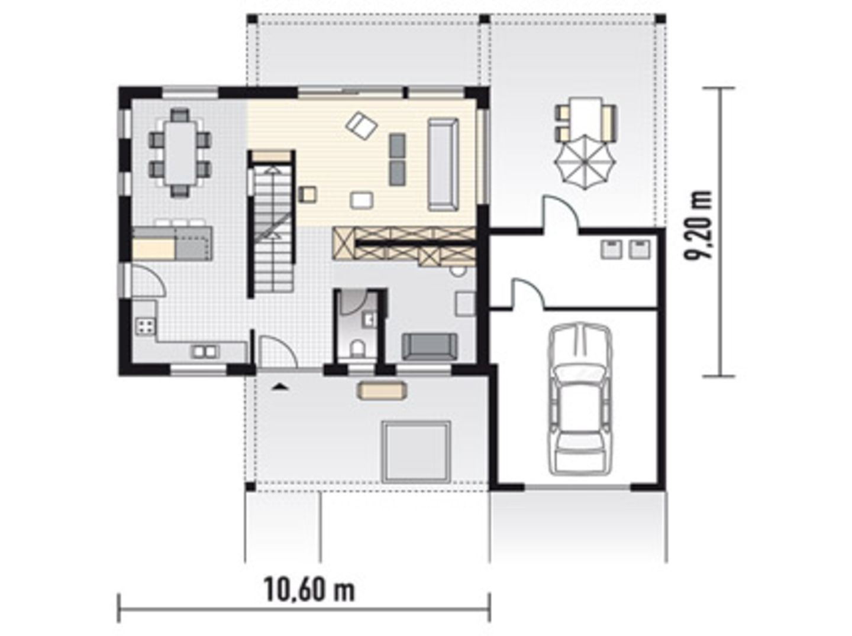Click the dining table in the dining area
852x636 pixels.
[x=180, y=153]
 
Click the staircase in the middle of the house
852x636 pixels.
[x=273, y=229]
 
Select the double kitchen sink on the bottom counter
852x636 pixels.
[x=205, y=351]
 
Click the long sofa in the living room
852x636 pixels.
[x=443, y=165]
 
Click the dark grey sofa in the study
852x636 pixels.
[x=430, y=347]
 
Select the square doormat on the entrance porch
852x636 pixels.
[x=416, y=452]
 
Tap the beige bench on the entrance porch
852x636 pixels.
[x=382, y=390]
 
